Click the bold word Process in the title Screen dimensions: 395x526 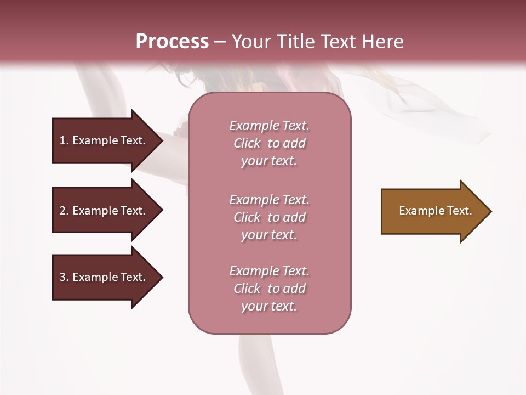pyautogui.click(x=172, y=42)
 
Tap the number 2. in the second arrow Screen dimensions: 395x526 pyautogui.click(x=64, y=211)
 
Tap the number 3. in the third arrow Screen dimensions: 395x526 pyautogui.click(x=64, y=277)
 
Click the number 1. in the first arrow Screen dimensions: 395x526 pyautogui.click(x=63, y=140)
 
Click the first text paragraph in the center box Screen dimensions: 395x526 pyautogui.click(x=269, y=143)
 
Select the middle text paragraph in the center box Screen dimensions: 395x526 pyautogui.click(x=269, y=217)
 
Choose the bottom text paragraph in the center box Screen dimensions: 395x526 pyautogui.click(x=269, y=289)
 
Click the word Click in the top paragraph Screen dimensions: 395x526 pyautogui.click(x=247, y=143)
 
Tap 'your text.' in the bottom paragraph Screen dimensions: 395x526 pyautogui.click(x=269, y=306)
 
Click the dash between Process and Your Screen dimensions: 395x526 pyautogui.click(x=220, y=42)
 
